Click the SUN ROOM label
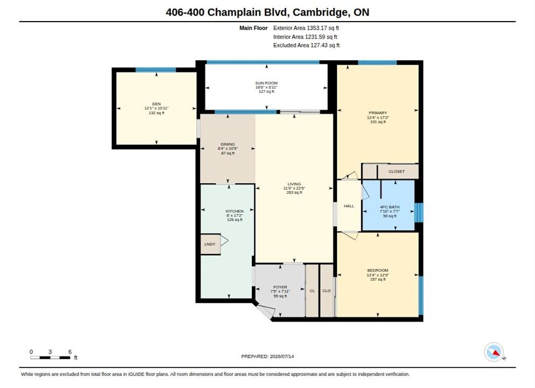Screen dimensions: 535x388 pyautogui.click(x=266, y=83)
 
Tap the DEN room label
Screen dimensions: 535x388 pyautogui.click(x=156, y=104)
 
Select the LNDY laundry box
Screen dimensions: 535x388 pyautogui.click(x=210, y=244)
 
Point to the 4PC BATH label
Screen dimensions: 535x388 pyautogui.click(x=390, y=207)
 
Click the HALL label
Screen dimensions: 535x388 pyautogui.click(x=349, y=206)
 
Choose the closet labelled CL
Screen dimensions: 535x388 pyautogui.click(x=312, y=290)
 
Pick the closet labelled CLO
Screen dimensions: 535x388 pyautogui.click(x=327, y=290)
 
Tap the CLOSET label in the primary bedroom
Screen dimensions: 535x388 pyautogui.click(x=397, y=171)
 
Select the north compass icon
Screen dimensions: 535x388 pyautogui.click(x=494, y=352)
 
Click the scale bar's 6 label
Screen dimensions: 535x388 pyautogui.click(x=70, y=352)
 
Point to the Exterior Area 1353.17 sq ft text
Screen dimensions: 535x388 pyautogui.click(x=306, y=28)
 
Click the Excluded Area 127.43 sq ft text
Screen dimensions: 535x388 pyautogui.click(x=306, y=45)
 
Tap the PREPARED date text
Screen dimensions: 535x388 pyautogui.click(x=267, y=356)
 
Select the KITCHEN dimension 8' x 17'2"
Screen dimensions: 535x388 pyautogui.click(x=235, y=216)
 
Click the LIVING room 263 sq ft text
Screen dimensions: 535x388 pyautogui.click(x=294, y=192)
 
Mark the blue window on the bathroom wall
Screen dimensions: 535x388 pyautogui.click(x=419, y=212)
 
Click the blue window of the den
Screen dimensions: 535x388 pyautogui.click(x=156, y=70)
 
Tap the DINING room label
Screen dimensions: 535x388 pyautogui.click(x=228, y=144)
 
